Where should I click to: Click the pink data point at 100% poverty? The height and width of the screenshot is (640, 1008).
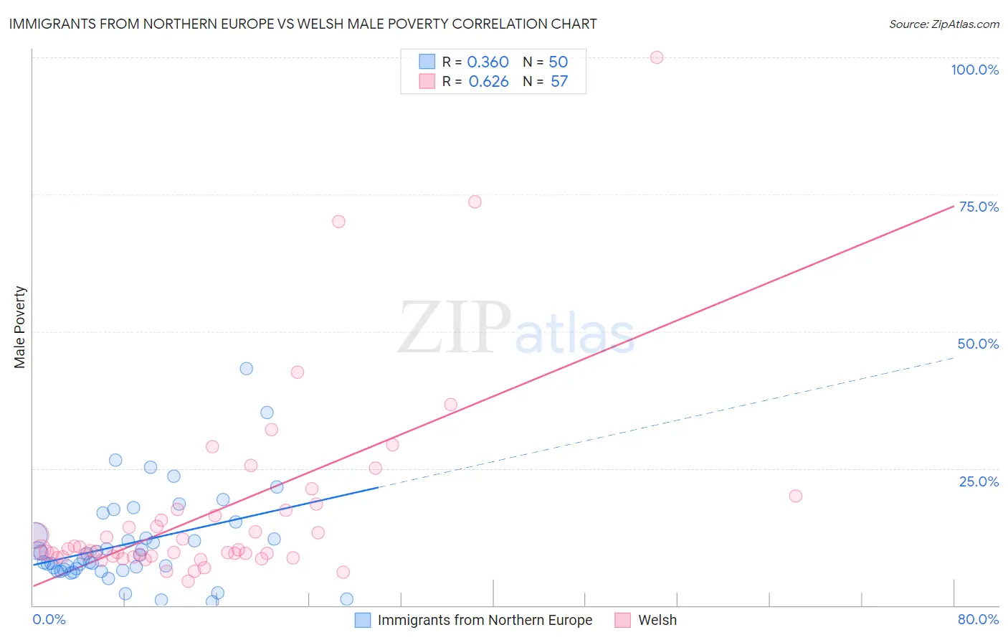[x=657, y=57]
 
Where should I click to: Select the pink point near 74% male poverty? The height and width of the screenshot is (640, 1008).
[x=475, y=202]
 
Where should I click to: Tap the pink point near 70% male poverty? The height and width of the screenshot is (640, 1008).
[x=338, y=222]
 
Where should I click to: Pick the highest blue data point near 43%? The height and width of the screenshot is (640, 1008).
[x=246, y=369]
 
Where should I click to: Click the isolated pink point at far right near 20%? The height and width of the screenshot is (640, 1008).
[x=795, y=496]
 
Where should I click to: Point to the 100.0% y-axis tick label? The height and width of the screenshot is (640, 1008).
[x=974, y=70]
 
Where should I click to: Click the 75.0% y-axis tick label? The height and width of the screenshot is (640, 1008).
[x=979, y=207]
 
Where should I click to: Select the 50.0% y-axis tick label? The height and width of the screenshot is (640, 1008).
[x=978, y=344]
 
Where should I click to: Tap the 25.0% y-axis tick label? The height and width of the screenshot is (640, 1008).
[x=979, y=481]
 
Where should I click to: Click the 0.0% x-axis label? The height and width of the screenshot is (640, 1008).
[x=49, y=619]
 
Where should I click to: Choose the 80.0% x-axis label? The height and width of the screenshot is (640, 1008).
[x=978, y=619]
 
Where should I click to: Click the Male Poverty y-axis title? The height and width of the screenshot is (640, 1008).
[x=20, y=327]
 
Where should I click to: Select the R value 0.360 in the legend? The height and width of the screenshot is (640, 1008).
[x=488, y=62]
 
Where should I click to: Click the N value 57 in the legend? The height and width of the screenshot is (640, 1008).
[x=559, y=82]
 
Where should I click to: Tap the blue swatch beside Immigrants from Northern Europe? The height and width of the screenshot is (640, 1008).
[x=363, y=620]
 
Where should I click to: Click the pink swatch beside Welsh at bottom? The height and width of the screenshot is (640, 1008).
[x=622, y=620]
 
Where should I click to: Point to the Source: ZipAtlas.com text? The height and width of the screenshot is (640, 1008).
[x=943, y=24]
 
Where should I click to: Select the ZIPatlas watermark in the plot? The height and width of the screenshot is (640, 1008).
[x=516, y=329]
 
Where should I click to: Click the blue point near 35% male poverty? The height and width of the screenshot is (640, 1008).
[x=267, y=413]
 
